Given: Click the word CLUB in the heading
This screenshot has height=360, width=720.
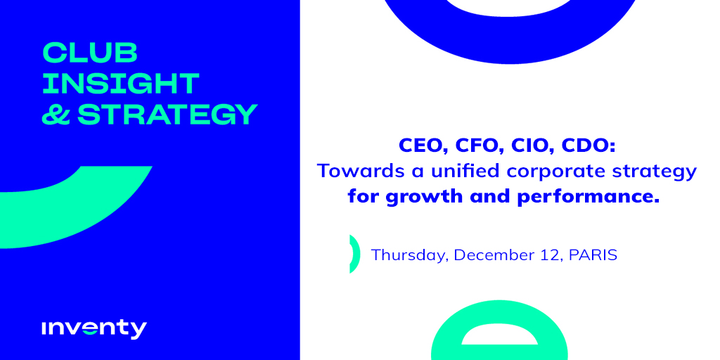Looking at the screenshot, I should point(89,53).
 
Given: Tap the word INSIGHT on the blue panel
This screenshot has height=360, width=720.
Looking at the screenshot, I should point(121,83).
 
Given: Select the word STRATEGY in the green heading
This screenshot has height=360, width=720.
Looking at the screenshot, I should point(167,114).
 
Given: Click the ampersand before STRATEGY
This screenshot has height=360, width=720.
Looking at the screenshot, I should point(56,114).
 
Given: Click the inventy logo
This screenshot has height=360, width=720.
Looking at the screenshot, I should point(94,328).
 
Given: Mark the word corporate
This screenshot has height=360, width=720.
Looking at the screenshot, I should point(544,172).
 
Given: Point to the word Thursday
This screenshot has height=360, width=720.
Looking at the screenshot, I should point(409,255).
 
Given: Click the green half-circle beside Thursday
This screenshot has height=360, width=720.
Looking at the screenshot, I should point(354,254).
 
